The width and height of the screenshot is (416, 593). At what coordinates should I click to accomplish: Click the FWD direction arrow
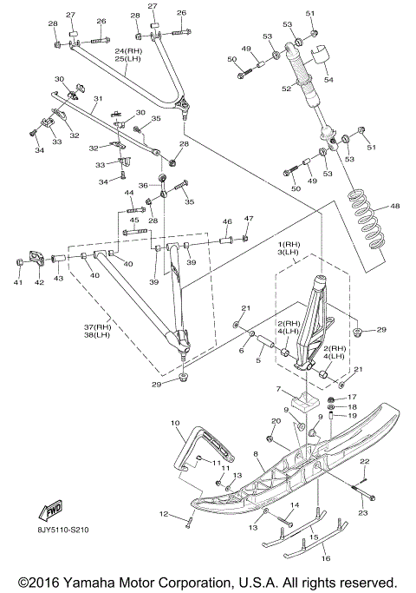click(49, 511)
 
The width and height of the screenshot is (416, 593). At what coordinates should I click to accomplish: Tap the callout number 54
click(328, 79)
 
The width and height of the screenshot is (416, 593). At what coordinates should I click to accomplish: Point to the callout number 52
click(287, 88)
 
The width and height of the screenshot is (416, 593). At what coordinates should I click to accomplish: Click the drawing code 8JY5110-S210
click(63, 530)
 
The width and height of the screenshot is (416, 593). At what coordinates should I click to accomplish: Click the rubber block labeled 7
click(305, 402)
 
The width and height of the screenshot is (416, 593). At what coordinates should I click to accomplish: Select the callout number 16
click(326, 557)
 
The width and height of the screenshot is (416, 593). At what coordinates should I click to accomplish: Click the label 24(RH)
click(127, 51)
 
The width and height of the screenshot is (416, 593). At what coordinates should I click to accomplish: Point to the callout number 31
click(98, 99)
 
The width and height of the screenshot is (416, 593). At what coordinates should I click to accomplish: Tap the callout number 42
click(39, 282)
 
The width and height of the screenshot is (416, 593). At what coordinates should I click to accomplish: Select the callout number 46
click(227, 222)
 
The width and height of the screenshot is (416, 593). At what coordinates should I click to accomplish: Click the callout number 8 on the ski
click(256, 452)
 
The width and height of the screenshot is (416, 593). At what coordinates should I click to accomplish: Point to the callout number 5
click(258, 360)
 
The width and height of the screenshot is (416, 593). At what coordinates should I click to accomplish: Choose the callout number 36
click(143, 185)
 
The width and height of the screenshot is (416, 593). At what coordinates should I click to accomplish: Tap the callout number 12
click(164, 514)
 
